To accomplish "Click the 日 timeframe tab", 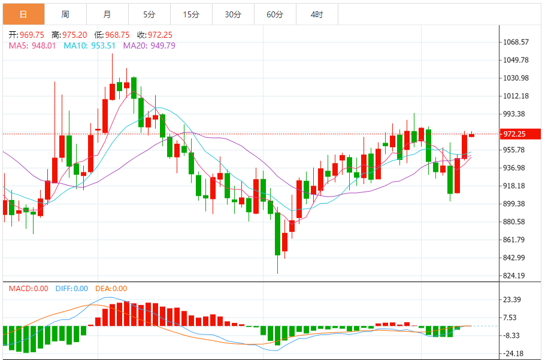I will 23,14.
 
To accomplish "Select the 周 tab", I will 65,14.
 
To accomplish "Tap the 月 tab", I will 107,14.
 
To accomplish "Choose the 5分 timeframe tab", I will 149,14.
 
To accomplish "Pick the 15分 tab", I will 191,14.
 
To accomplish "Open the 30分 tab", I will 233,14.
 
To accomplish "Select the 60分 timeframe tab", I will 275,14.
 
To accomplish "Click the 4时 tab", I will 317,14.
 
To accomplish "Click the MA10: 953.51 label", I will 90,46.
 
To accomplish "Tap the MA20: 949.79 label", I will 149,46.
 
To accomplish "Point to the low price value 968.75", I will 117,35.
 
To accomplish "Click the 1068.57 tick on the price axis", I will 516,42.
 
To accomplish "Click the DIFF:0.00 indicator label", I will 71,289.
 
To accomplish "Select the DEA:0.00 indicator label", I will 111,289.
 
